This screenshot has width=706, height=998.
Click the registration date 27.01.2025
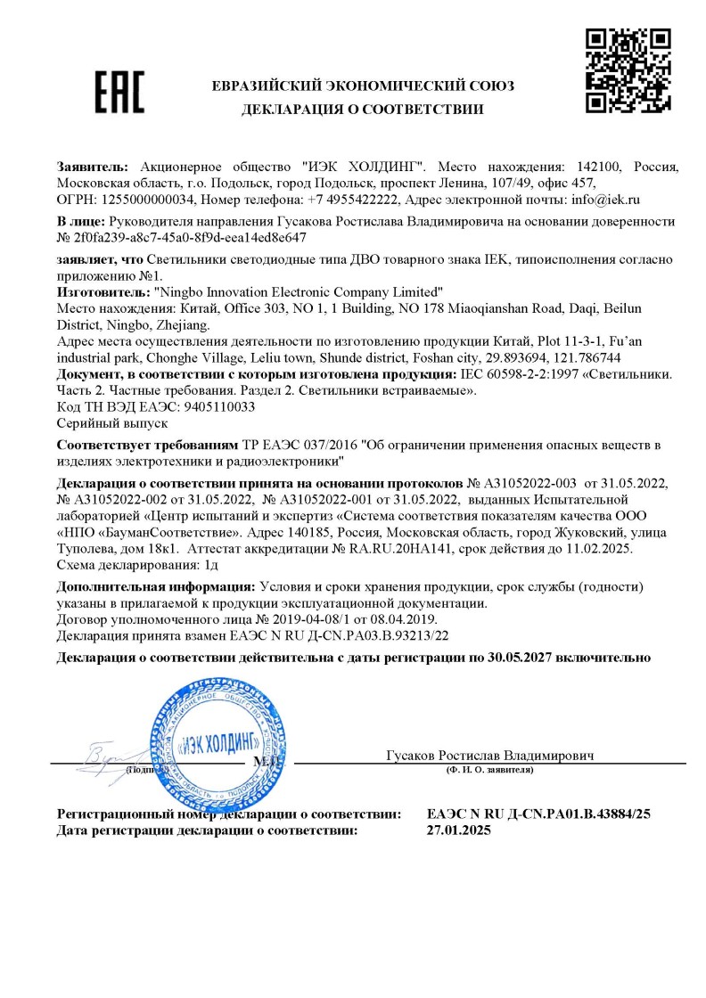tap(459, 830)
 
